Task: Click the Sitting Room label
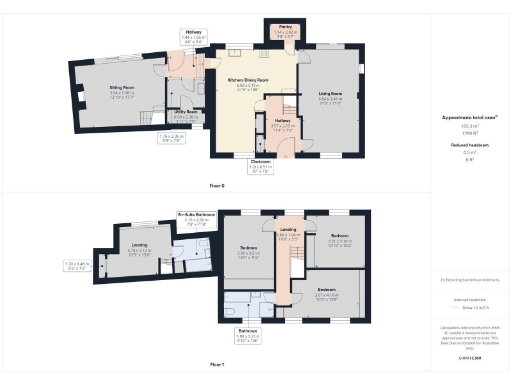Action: [x=122, y=90]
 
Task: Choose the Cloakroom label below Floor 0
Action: [x=260, y=167]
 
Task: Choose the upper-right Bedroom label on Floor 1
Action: [x=341, y=239]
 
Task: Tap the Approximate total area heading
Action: [x=469, y=117]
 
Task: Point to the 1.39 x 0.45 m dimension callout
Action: [x=77, y=265]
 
